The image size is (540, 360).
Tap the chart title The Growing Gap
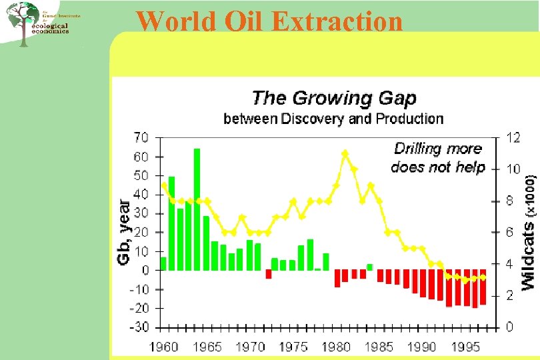pos(333,98)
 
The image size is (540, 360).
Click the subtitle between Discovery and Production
pos(333,119)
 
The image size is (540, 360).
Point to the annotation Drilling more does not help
pos(437,157)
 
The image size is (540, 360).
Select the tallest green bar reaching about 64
pos(197,209)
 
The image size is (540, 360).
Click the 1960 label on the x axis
pos(163,347)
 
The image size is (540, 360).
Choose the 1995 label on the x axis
pos(465,347)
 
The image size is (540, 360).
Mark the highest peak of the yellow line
pos(345,153)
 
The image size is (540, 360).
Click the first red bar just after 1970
pos(269,274)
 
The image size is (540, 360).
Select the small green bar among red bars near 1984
pos(370,267)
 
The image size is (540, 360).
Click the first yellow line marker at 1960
pos(164,185)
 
